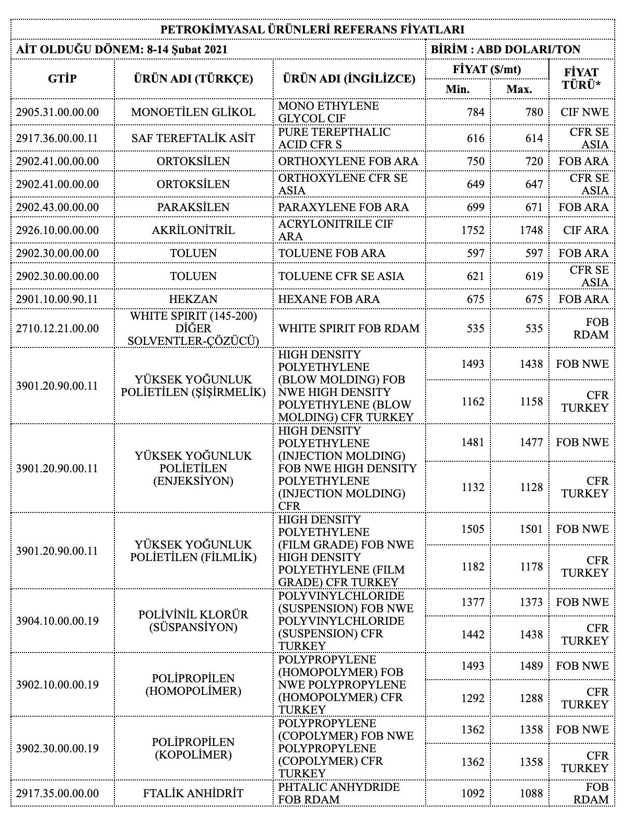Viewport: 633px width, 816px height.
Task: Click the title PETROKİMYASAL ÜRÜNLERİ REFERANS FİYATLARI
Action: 312,29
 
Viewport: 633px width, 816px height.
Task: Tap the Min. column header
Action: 458,89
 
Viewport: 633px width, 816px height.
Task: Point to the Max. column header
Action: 519,89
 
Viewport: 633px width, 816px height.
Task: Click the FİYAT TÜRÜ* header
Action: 581,78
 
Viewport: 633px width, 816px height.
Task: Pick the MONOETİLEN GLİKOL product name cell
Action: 193,112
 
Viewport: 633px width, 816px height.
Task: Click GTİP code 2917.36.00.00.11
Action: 57,138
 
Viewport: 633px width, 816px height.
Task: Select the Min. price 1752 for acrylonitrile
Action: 473,230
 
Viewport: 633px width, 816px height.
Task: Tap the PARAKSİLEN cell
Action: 193,207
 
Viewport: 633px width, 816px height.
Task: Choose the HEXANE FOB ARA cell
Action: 329,299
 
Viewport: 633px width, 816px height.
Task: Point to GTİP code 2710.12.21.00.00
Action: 57,329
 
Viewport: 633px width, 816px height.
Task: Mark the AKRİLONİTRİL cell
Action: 193,230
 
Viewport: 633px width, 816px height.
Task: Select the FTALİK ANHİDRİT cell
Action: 193,793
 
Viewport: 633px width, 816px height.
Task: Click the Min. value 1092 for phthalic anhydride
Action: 473,793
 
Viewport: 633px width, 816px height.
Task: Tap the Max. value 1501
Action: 531,529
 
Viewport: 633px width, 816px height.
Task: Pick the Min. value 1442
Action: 473,634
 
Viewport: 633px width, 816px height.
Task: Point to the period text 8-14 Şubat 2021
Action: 188,50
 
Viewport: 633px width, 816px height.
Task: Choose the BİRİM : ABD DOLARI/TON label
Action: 506,50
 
